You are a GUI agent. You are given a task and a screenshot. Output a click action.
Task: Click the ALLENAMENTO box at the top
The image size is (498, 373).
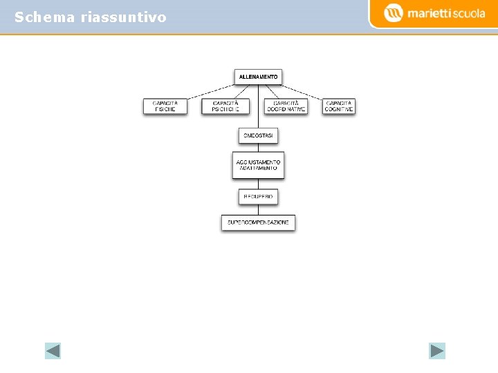[258, 77]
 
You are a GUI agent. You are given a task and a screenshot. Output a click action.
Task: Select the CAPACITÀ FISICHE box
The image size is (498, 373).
[165, 106]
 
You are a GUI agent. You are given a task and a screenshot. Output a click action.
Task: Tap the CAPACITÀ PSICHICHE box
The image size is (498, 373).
[225, 106]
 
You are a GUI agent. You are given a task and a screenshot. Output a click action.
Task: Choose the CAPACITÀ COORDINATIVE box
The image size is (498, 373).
[286, 106]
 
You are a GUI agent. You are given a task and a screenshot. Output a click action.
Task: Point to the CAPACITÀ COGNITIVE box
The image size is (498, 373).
[339, 106]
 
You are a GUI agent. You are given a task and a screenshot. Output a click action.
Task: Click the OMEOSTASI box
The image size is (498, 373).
[258, 136]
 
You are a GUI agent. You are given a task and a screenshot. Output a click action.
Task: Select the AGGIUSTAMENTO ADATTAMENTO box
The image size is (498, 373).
[258, 165]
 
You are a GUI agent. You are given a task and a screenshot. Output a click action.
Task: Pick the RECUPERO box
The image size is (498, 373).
[258, 197]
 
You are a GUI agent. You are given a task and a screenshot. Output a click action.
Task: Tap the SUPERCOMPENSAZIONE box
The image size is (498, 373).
[258, 222]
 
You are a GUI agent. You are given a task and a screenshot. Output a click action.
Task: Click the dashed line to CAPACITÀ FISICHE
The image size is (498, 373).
[211, 91]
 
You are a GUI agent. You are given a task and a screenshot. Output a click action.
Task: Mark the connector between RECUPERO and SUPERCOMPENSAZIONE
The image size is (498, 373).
[258, 210]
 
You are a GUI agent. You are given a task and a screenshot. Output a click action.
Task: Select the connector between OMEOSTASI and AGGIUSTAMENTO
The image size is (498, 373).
[258, 148]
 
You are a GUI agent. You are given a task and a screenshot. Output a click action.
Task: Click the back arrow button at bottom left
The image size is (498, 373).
[53, 351]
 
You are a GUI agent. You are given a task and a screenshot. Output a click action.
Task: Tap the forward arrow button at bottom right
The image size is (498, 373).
[437, 351]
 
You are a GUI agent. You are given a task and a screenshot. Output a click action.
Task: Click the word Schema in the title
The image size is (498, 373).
[44, 17]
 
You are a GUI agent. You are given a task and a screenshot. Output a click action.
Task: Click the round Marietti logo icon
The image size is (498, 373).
[394, 13]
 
